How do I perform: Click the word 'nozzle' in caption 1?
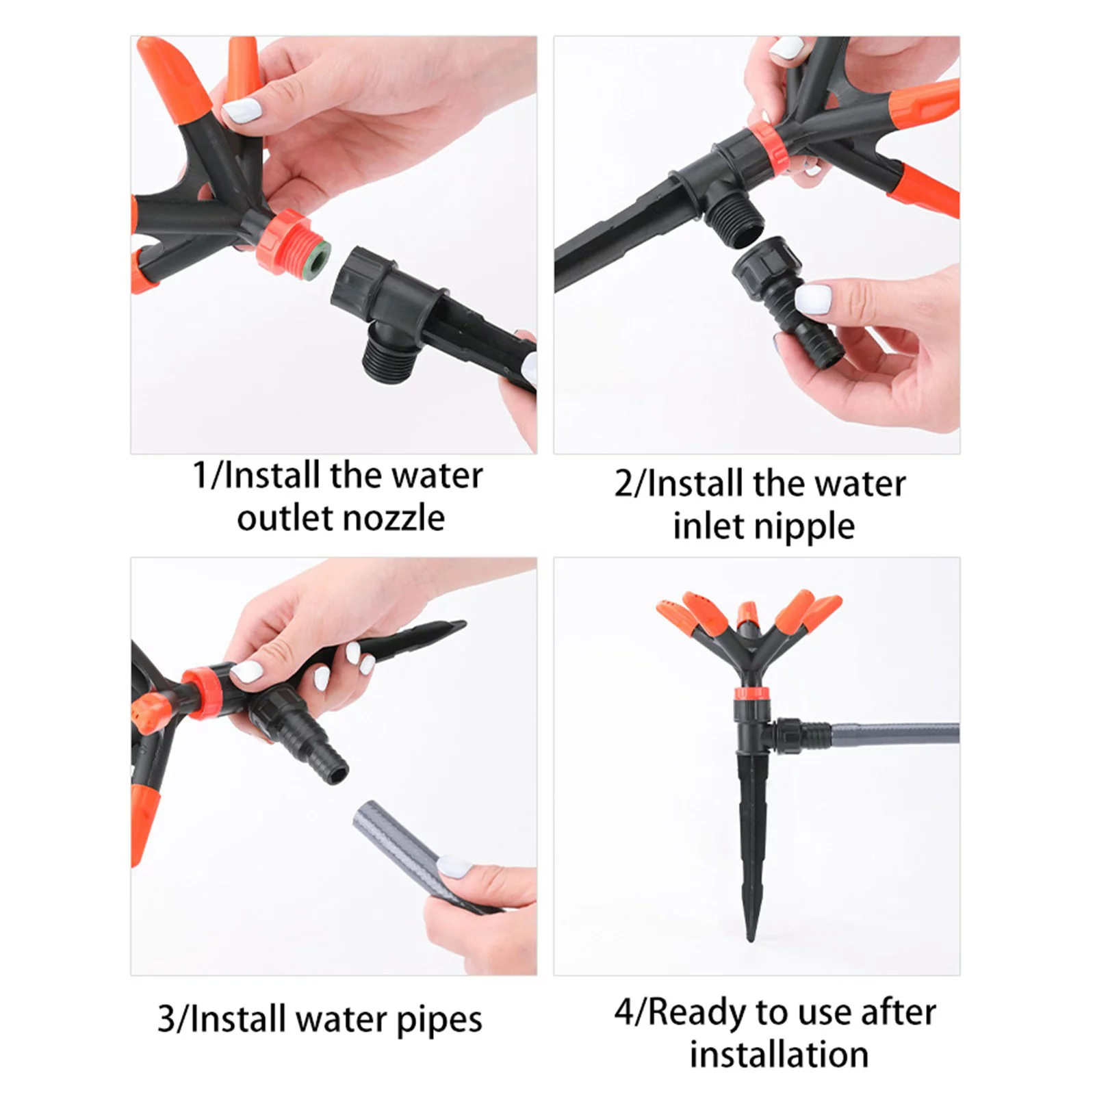[x=393, y=517]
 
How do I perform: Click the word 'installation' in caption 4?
[x=779, y=1055]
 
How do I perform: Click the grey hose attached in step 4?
[x=890, y=734]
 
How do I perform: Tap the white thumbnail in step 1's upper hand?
[x=242, y=111]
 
